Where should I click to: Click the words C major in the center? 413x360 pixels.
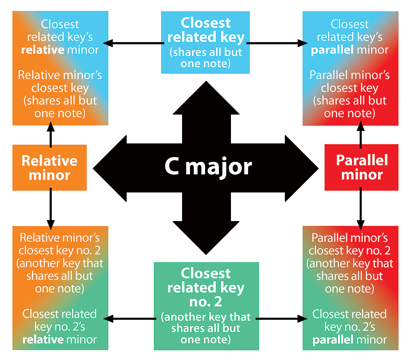[208, 167]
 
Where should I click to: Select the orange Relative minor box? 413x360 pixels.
[50, 168]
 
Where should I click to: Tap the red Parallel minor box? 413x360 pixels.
[361, 167]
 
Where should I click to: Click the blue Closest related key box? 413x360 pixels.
[205, 43]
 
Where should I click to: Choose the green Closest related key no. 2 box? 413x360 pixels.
[206, 306]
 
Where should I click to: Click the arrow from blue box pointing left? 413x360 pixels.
[134, 43]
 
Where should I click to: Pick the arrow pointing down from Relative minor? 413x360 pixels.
[51, 208]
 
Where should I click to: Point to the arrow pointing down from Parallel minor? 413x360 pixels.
[360, 208]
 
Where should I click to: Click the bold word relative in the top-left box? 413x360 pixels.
[43, 50]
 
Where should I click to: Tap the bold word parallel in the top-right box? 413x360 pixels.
[332, 50]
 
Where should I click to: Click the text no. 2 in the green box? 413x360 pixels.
[205, 302]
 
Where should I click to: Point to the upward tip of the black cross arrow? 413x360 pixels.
[206, 84]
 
